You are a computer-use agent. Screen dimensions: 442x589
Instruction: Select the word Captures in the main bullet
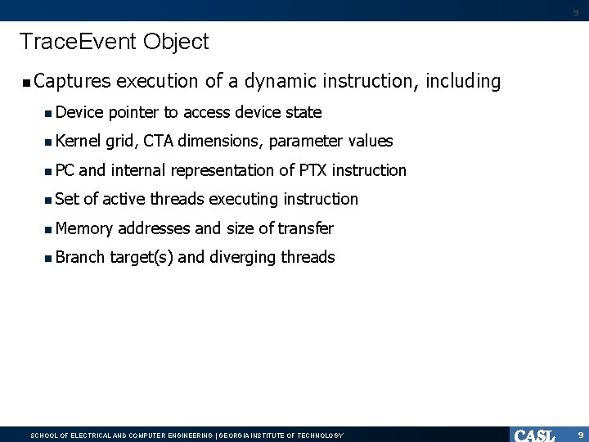(72, 82)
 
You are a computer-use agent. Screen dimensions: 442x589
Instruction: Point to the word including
(460, 82)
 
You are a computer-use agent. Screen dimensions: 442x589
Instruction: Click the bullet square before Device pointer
(49, 113)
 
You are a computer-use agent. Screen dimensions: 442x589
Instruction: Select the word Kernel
(79, 142)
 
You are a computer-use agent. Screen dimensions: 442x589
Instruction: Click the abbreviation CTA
(157, 142)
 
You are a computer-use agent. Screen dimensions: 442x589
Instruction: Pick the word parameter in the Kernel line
(306, 142)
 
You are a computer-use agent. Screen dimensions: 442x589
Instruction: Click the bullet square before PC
(49, 171)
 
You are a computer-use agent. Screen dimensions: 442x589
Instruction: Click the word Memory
(84, 228)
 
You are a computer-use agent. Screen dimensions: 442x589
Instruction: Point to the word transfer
(305, 228)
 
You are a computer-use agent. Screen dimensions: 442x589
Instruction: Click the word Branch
(80, 257)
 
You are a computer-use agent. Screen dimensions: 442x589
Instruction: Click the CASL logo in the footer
(535, 435)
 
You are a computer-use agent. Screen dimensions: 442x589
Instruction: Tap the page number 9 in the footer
(579, 435)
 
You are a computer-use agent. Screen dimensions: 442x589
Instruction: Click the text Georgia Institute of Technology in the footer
(281, 435)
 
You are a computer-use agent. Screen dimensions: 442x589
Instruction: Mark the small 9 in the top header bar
(575, 12)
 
